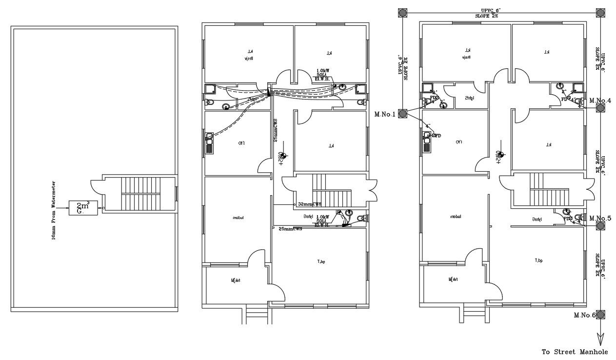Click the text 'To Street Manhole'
[x=575, y=352]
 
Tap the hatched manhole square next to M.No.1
[x=402, y=114]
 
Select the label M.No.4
[x=600, y=101]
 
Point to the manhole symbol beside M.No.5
[x=600, y=225]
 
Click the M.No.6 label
[x=585, y=315]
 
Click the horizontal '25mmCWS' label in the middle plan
[x=290, y=228]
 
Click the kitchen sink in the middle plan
[x=210, y=143]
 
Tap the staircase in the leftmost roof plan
[x=141, y=194]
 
